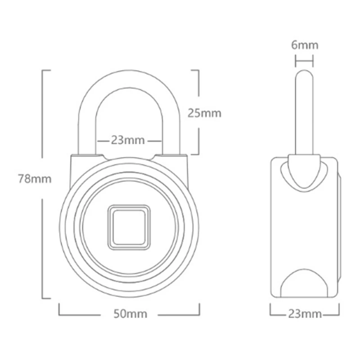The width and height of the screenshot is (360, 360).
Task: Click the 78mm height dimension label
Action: (35, 179)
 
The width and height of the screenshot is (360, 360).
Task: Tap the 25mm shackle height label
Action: (204, 113)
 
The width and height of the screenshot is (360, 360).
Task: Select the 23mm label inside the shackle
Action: (128, 140)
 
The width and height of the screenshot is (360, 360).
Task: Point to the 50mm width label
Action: (130, 314)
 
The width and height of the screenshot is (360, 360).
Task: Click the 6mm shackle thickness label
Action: (305, 45)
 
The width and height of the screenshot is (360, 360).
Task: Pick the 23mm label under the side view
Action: (305, 314)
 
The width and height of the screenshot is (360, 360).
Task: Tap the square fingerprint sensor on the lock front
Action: (129, 227)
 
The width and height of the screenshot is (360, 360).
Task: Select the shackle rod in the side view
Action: (304, 112)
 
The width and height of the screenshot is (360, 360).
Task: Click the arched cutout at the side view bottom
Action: (304, 283)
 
